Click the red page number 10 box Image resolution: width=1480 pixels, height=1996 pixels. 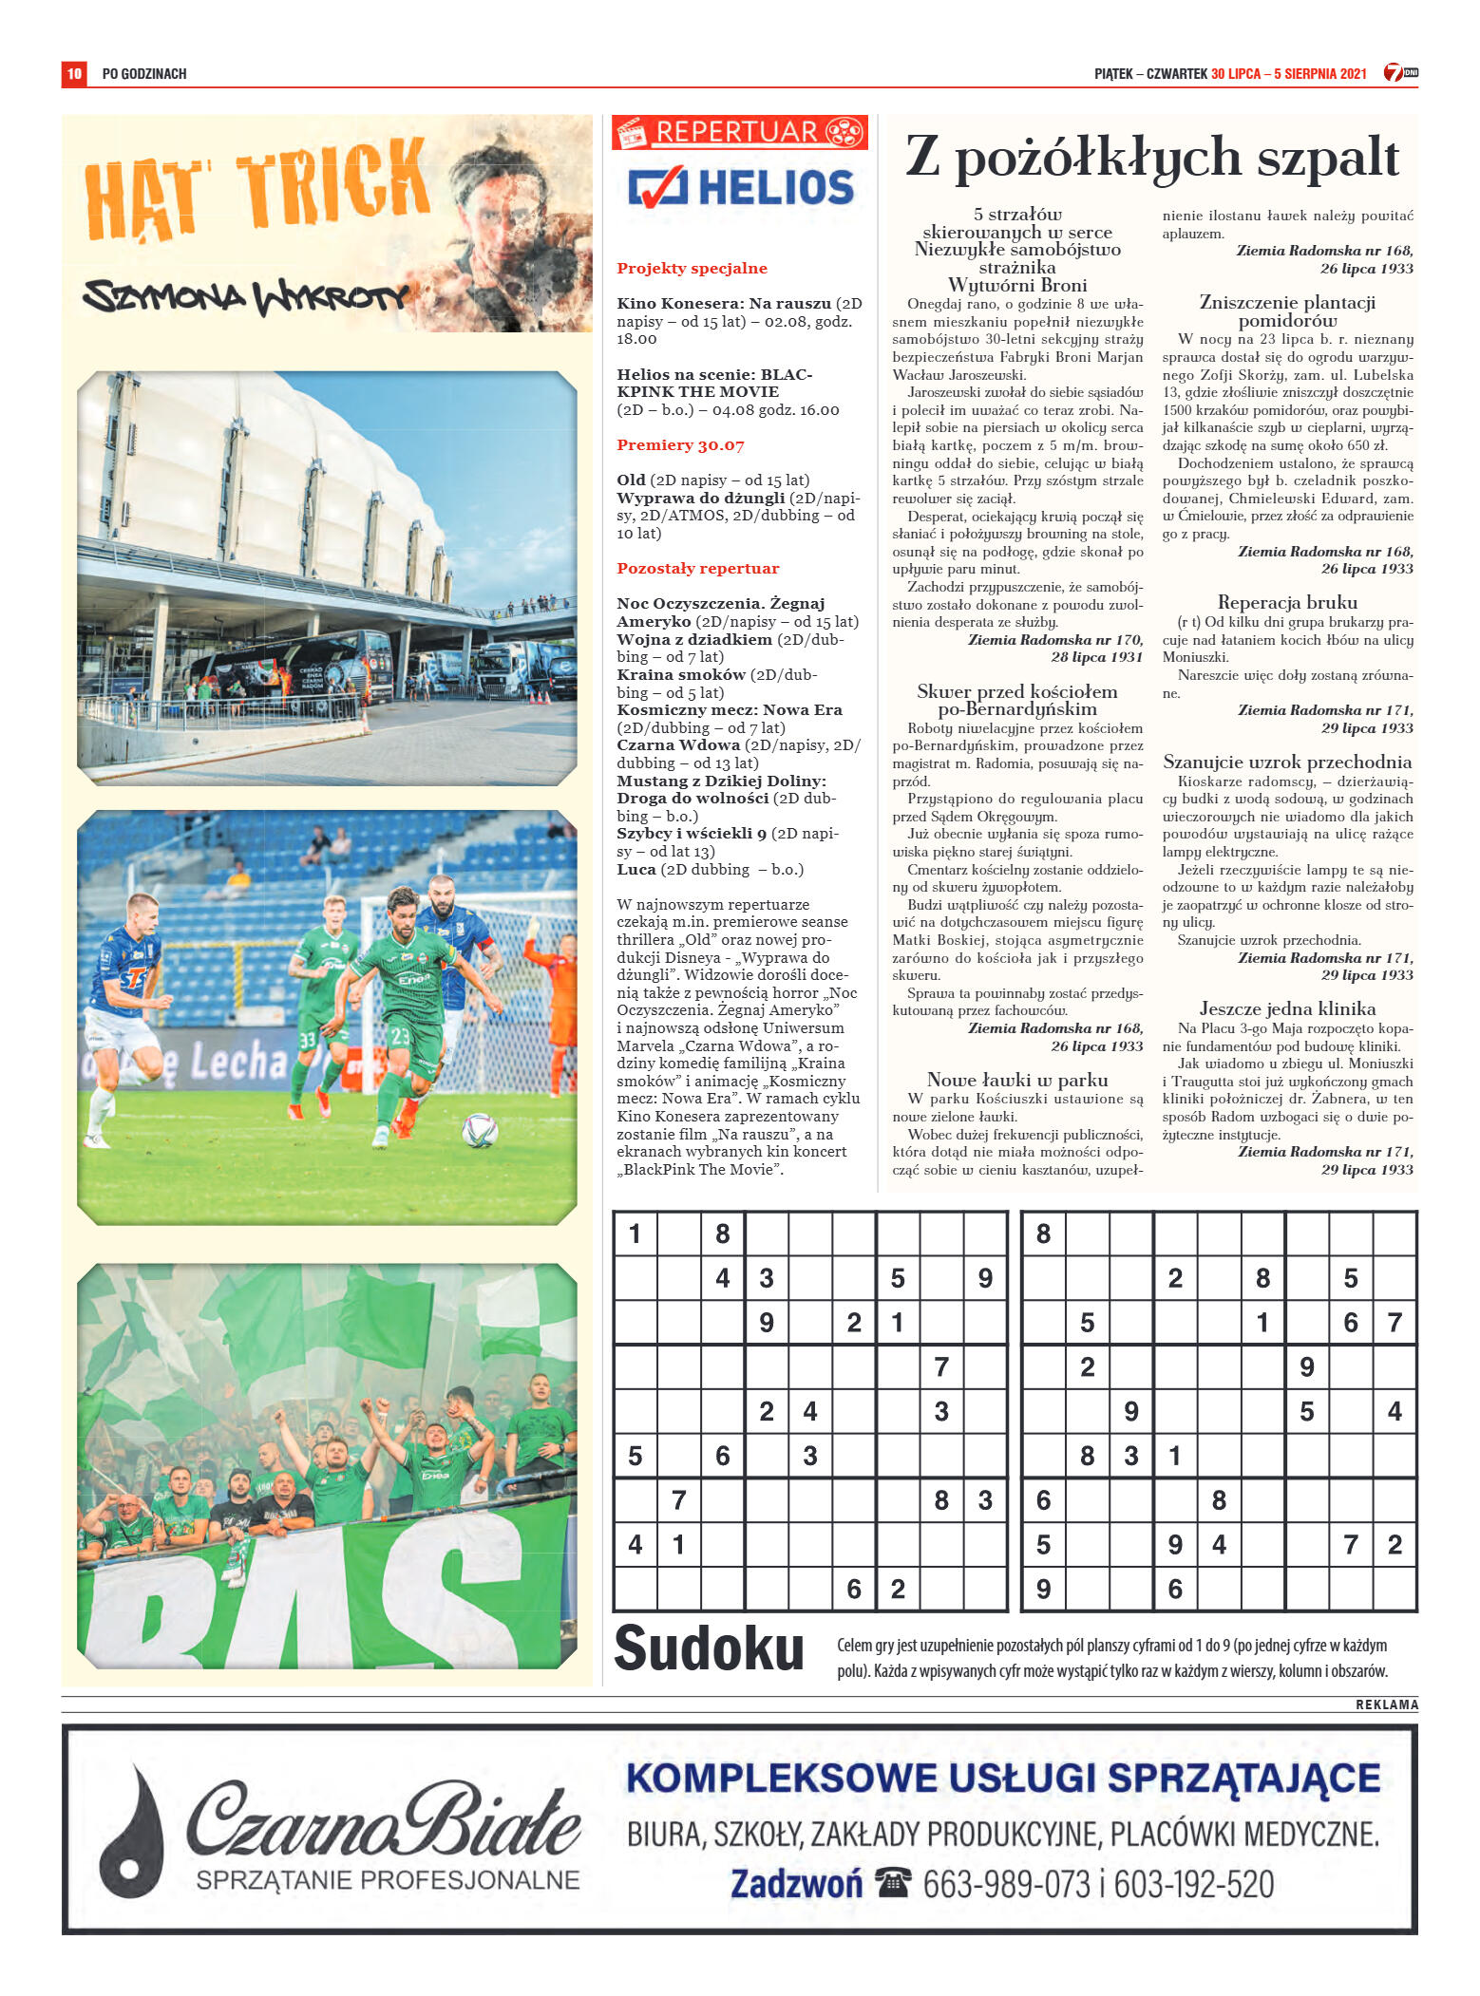click(74, 73)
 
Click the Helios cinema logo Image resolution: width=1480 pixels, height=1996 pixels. click(740, 187)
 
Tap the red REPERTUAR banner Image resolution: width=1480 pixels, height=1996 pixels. click(739, 132)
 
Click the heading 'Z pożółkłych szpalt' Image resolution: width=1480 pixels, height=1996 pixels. click(1151, 158)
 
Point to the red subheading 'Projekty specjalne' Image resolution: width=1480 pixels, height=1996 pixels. click(692, 268)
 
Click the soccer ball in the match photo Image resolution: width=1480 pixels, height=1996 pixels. click(480, 1129)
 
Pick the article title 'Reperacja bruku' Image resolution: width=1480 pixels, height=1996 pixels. click(1287, 602)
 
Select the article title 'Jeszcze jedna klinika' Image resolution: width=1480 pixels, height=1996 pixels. click(1287, 1008)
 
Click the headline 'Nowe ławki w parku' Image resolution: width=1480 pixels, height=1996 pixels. click(1017, 1080)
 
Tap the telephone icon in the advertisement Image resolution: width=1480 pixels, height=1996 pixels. click(893, 1881)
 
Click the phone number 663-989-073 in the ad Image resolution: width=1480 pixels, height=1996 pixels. click(1006, 1884)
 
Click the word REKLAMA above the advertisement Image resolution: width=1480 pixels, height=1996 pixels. click(1386, 1704)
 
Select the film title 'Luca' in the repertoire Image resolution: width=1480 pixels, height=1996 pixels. click(636, 869)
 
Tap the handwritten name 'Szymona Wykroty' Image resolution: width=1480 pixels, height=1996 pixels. click(245, 296)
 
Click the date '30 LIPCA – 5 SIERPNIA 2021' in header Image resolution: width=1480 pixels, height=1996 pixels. click(1288, 73)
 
